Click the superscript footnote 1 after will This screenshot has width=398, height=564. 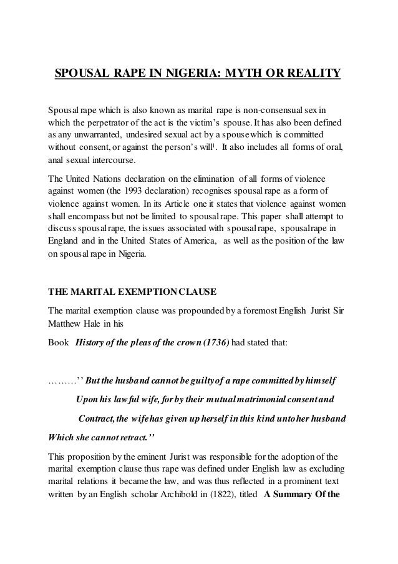[247, 145]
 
